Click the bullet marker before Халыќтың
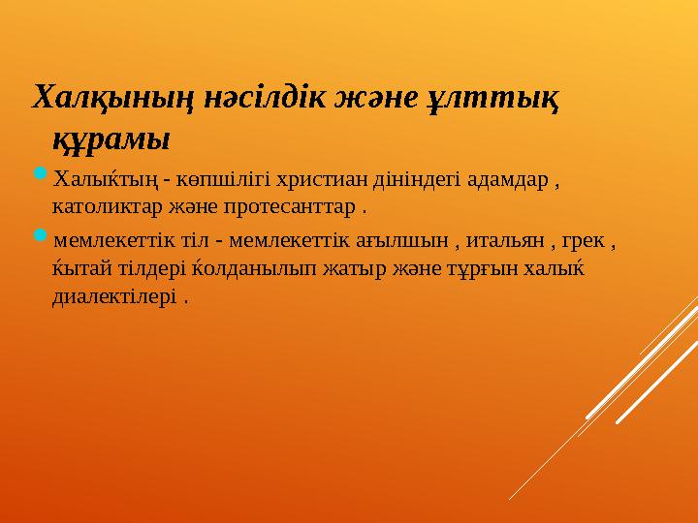pyautogui.click(x=40, y=175)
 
